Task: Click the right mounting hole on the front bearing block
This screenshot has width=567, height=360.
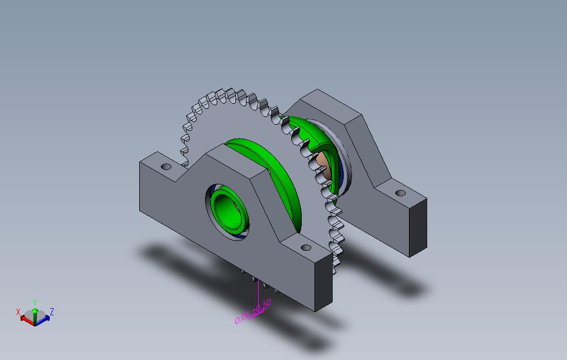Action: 305,247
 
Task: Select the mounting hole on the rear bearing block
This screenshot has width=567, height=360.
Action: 401,193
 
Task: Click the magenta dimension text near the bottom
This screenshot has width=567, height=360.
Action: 253,312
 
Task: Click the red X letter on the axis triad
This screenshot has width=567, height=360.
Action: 18,312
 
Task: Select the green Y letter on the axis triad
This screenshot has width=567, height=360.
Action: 35,302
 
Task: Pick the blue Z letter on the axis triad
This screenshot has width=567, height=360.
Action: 51,312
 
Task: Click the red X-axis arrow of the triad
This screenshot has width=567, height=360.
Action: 25,319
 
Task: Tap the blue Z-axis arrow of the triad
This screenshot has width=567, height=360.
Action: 45,319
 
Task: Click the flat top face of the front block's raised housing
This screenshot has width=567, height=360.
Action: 229,161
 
